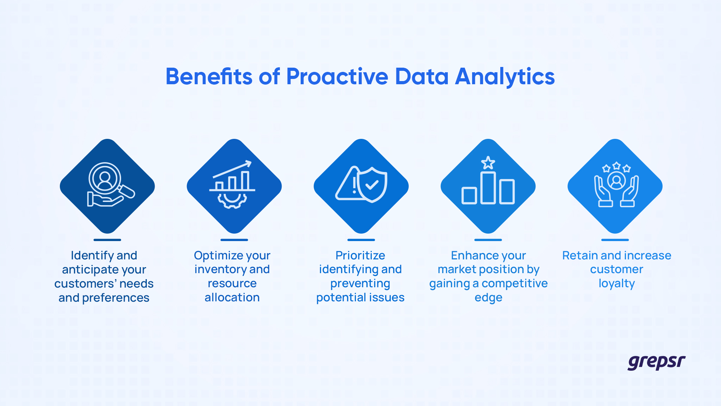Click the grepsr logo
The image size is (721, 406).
(x=656, y=362)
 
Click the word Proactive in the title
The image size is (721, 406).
(x=337, y=76)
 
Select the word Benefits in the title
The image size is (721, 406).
(x=209, y=76)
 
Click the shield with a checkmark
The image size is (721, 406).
(x=372, y=184)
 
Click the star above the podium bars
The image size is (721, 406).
(x=488, y=163)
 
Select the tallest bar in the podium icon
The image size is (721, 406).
(x=488, y=188)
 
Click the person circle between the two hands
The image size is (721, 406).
(x=616, y=180)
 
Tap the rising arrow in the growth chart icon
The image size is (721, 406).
(x=232, y=169)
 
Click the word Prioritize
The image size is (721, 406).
(x=360, y=256)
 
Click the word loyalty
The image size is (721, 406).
(x=616, y=284)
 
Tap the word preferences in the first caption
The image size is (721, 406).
(x=115, y=298)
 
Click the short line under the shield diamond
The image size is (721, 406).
(x=361, y=240)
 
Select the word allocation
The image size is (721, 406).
(x=232, y=298)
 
